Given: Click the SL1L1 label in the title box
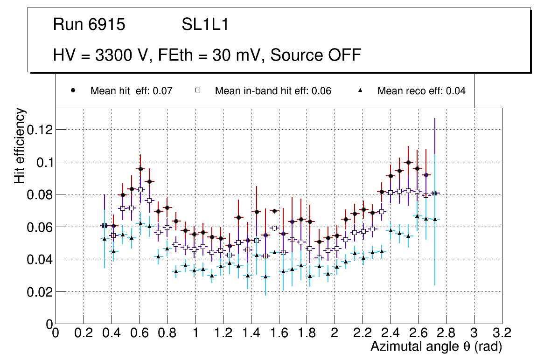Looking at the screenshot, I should pyautogui.click(x=205, y=25).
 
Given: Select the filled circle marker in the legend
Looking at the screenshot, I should pyautogui.click(x=73, y=90).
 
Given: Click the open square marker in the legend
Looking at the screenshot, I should pyautogui.click(x=198, y=90).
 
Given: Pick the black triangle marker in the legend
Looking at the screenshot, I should pyautogui.click(x=360, y=90).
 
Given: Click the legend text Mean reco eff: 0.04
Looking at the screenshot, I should pyautogui.click(x=421, y=91).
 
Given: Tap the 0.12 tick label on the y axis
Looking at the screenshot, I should pyautogui.click(x=39, y=129).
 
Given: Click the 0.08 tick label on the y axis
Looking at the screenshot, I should pyautogui.click(x=39, y=194).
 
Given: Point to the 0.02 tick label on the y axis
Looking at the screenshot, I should pyautogui.click(x=39, y=291).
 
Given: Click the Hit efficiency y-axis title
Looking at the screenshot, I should pyautogui.click(x=20, y=145).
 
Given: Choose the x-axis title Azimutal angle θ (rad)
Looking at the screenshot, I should pyautogui.click(x=436, y=346).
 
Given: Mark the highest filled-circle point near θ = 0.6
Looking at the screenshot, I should pyautogui.click(x=140, y=169).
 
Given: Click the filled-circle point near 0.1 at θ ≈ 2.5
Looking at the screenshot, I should pyautogui.click(x=408, y=162).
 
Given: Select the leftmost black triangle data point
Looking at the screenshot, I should pyautogui.click(x=105, y=239).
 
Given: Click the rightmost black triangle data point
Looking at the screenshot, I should pyautogui.click(x=435, y=219).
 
